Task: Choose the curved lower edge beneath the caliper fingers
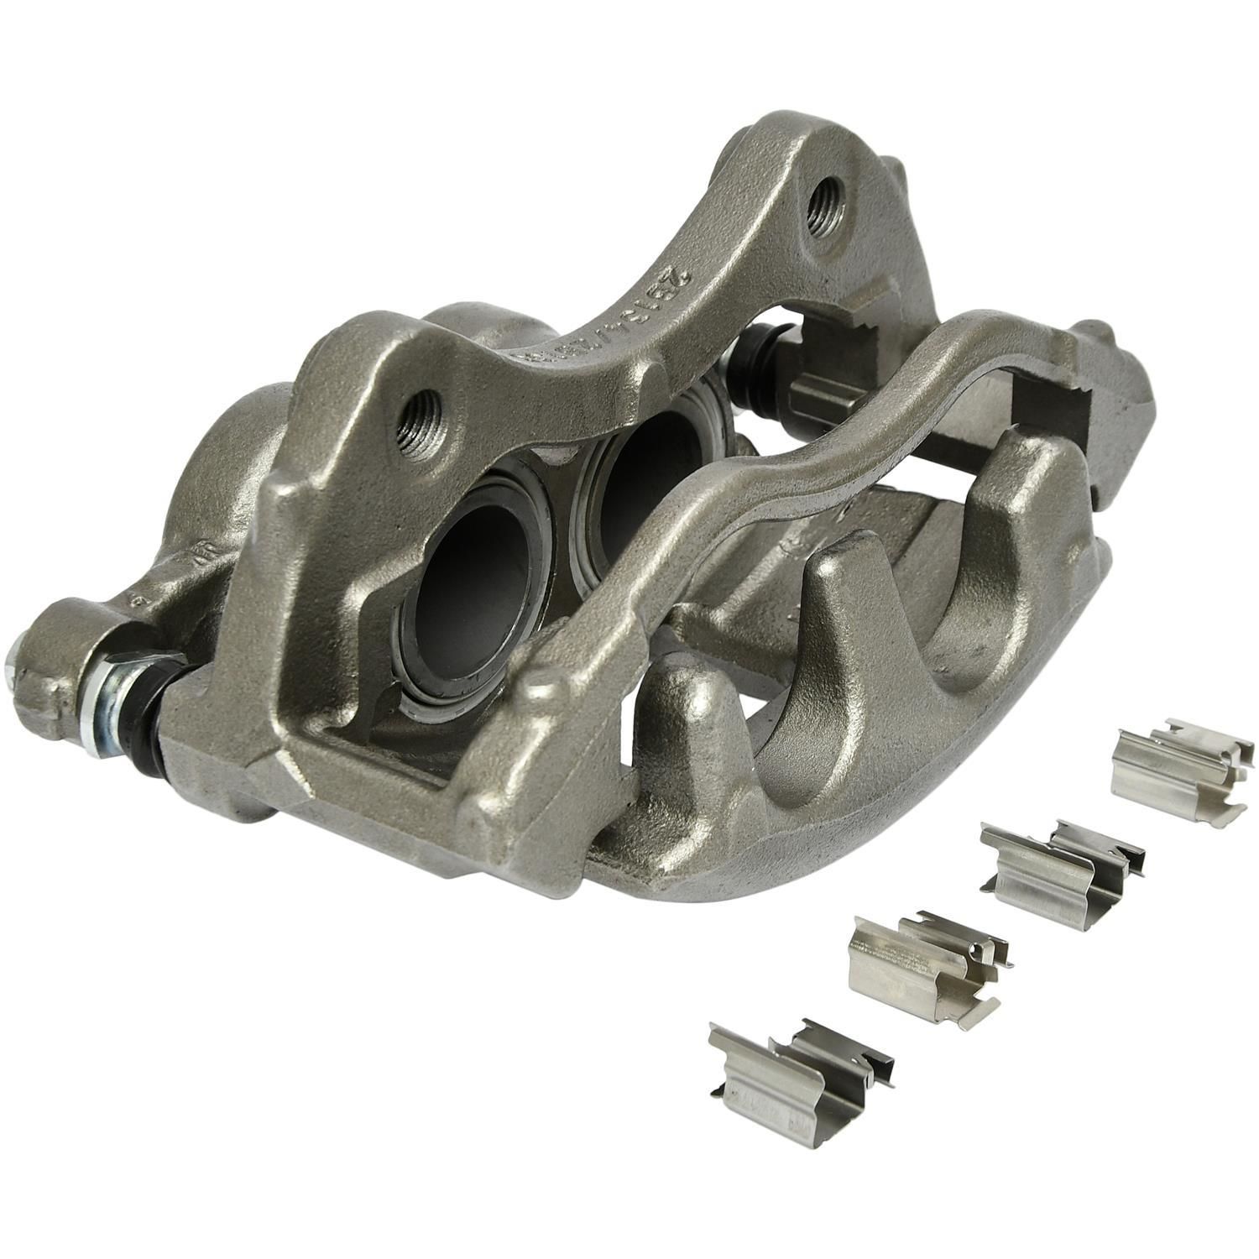click(881, 831)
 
